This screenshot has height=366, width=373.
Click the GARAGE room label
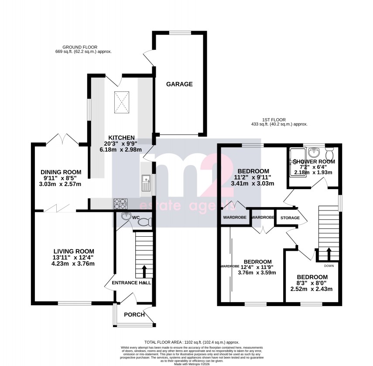179,84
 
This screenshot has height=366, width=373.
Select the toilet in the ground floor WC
144,222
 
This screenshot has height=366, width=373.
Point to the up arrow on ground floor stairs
144,271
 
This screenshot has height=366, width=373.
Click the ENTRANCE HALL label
131,283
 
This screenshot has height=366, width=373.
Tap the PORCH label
133,314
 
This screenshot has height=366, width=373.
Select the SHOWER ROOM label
314,162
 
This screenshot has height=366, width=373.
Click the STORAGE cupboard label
290,218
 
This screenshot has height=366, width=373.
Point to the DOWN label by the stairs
329,265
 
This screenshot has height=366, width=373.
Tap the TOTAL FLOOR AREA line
192,342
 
